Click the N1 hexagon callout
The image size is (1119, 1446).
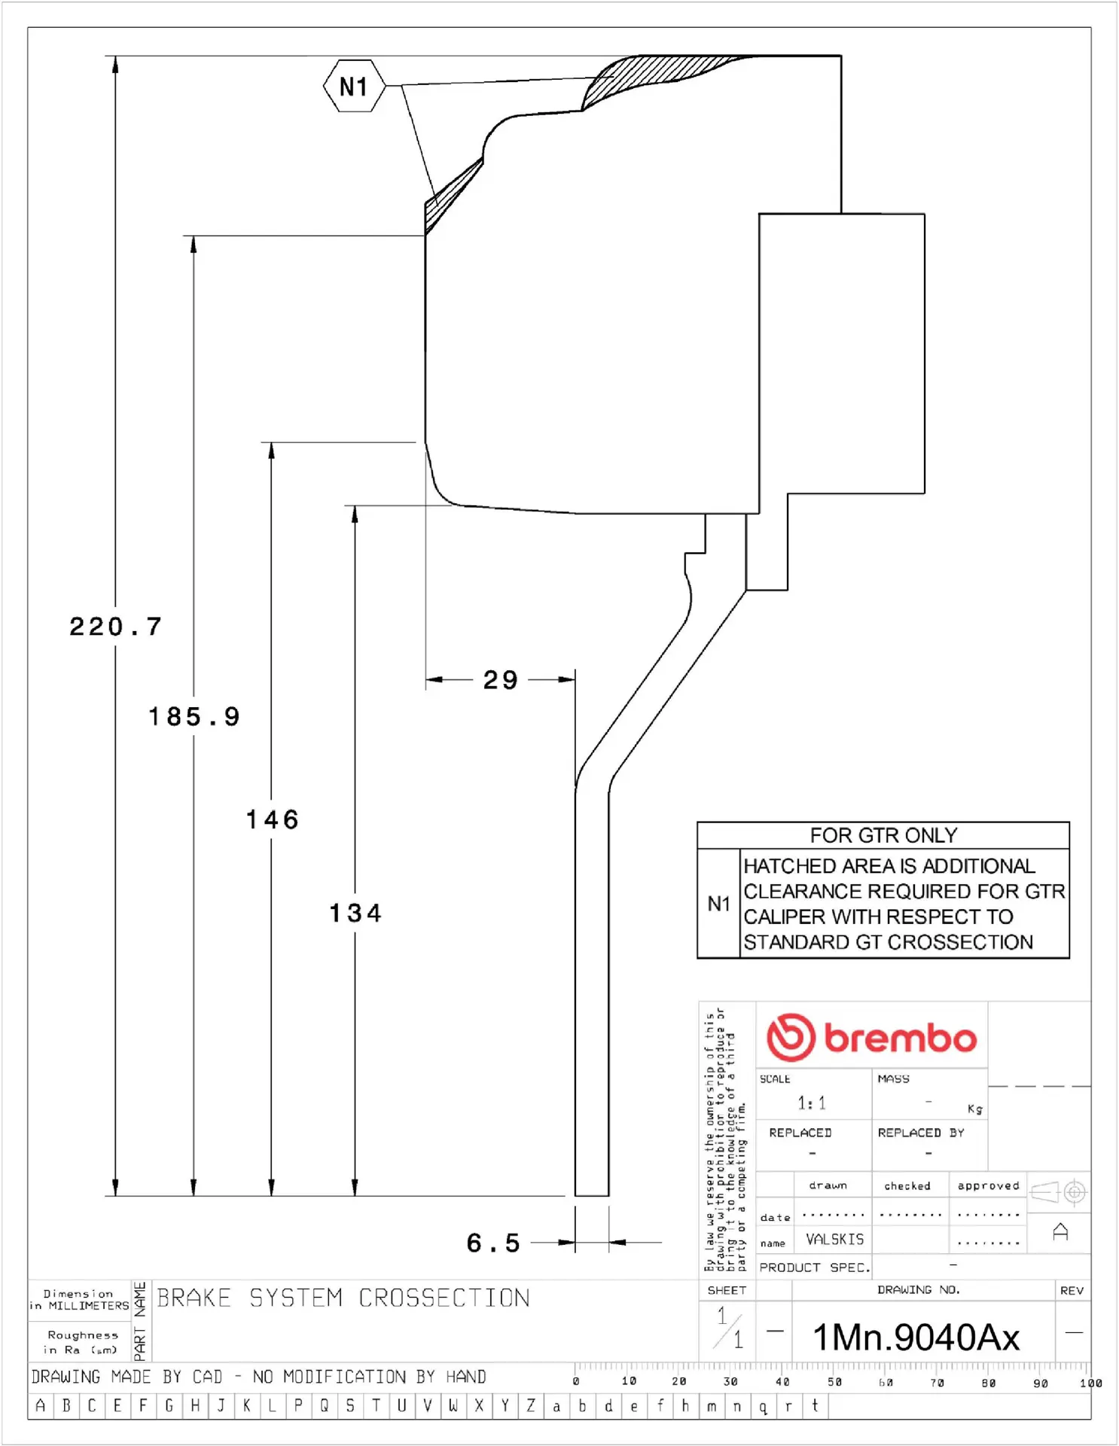pyautogui.click(x=354, y=87)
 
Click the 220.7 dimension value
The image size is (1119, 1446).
pyautogui.click(x=115, y=627)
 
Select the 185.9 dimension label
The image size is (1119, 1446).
pyautogui.click(x=194, y=716)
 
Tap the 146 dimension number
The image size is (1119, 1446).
pyautogui.click(x=272, y=819)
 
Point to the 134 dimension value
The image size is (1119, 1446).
pyautogui.click(x=355, y=913)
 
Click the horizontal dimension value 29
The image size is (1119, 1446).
pyautogui.click(x=500, y=680)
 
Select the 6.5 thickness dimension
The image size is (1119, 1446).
pyautogui.click(x=493, y=1243)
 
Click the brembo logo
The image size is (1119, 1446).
pyautogui.click(x=871, y=1037)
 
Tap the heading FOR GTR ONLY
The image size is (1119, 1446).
pyautogui.click(x=883, y=835)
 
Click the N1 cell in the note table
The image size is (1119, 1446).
pyautogui.click(x=718, y=904)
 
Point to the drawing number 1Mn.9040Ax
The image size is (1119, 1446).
pyautogui.click(x=916, y=1338)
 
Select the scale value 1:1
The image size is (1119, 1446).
pyautogui.click(x=811, y=1103)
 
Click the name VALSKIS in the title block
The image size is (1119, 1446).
pyautogui.click(x=834, y=1239)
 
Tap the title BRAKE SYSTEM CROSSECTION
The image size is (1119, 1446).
pyautogui.click(x=343, y=1298)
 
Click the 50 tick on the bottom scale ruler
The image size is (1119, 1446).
pyautogui.click(x=834, y=1382)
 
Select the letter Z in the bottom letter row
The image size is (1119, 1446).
pyautogui.click(x=530, y=1405)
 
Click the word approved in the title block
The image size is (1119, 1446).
pyautogui.click(x=987, y=1185)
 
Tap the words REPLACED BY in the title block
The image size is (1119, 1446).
pyautogui.click(x=920, y=1133)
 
